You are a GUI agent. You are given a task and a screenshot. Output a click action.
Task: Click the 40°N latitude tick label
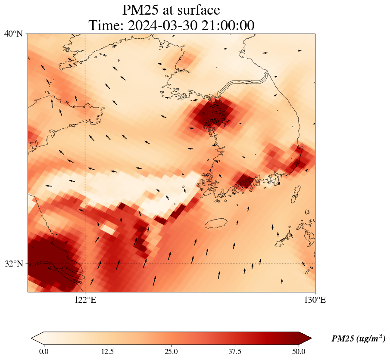14,34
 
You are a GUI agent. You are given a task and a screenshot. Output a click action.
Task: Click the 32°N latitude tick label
14,264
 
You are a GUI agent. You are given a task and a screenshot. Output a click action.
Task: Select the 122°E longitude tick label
85,300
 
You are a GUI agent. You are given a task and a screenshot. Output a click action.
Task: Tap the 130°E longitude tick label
315,300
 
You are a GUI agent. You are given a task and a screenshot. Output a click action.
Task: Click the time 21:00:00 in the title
227,25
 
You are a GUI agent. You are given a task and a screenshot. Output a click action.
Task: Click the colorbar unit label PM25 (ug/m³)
358,339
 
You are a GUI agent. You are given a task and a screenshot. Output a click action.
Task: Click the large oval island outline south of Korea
216,223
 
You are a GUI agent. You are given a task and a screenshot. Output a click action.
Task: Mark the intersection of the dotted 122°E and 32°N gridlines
85,264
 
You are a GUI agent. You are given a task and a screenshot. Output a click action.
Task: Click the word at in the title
171,9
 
